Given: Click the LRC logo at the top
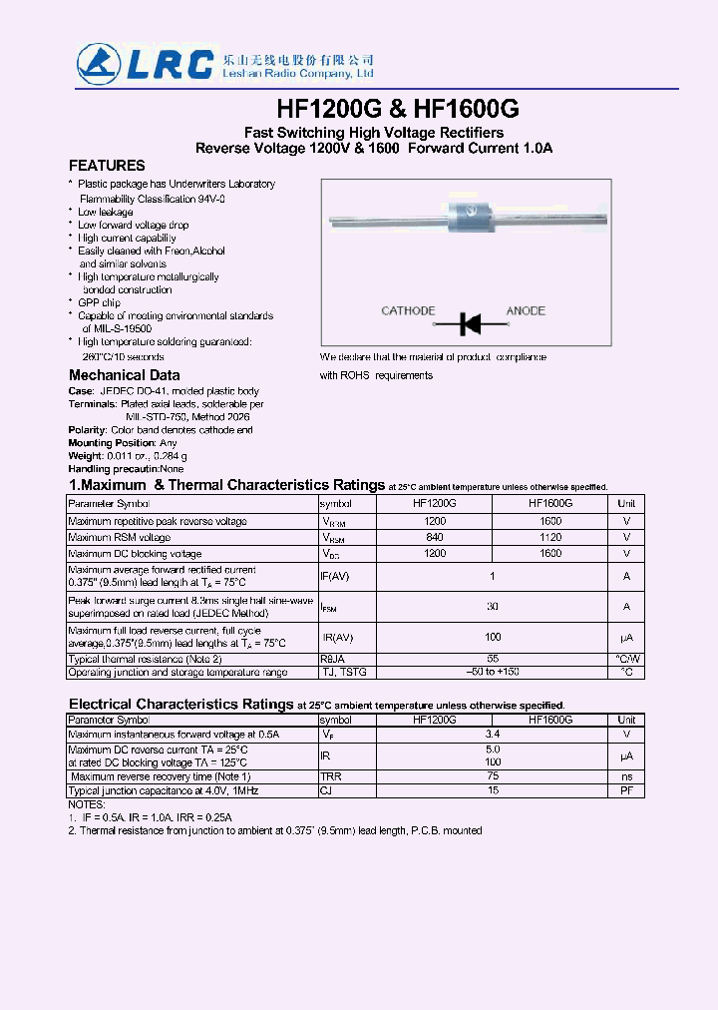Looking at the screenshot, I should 145,63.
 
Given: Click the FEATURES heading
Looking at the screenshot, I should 107,166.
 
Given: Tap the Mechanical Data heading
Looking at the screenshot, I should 124,375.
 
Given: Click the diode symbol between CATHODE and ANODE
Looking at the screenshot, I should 470,322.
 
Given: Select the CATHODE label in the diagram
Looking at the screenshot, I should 408,311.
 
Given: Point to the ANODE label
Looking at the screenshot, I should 526,311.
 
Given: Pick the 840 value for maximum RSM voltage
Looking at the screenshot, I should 435,537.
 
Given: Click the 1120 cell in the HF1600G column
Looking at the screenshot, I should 550,537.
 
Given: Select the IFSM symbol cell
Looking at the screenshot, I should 333,607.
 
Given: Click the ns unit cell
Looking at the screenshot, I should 626,775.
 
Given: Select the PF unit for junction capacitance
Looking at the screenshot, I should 626,790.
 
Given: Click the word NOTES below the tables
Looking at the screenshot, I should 86,804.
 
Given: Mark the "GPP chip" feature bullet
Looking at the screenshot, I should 99,302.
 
